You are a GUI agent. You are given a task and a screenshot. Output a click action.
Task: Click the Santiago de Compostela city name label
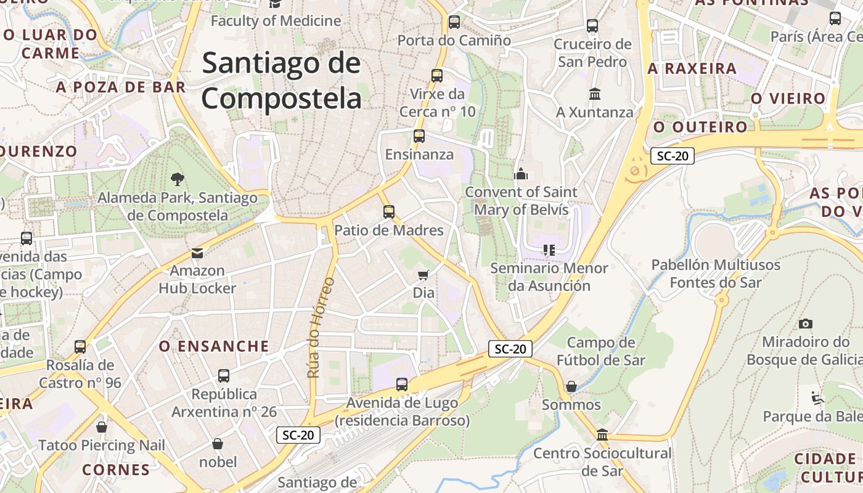tap(281, 81)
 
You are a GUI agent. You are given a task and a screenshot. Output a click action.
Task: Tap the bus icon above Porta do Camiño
tap(454, 22)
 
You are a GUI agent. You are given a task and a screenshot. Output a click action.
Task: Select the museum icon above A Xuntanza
tap(595, 94)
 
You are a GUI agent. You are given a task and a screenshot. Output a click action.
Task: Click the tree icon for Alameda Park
tap(178, 179)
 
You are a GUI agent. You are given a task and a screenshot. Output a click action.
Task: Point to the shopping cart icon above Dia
tap(423, 275)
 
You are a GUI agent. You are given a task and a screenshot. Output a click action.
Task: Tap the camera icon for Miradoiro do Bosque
tap(805, 324)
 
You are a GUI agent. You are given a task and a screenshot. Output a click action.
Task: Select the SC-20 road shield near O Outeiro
tap(672, 156)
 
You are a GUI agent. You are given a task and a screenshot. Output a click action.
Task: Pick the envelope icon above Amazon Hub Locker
tap(197, 253)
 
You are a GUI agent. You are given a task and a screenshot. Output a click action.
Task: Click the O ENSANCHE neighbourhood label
tap(214, 346)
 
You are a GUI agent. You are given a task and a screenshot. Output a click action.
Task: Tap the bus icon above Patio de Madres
tap(388, 212)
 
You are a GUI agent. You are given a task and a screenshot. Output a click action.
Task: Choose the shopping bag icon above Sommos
tap(571, 386)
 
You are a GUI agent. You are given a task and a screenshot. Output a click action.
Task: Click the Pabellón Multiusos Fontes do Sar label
tap(716, 274)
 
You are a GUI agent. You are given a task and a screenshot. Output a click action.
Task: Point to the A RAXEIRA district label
tap(692, 68)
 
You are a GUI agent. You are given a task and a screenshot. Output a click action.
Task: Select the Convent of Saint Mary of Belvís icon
tap(521, 174)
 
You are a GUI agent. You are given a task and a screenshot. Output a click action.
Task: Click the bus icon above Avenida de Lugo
tap(402, 385)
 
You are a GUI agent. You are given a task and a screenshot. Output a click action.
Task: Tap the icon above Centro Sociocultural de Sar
tap(602, 435)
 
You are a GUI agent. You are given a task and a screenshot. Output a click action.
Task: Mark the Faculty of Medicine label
tap(276, 21)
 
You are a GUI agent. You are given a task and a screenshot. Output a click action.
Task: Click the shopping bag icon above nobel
tap(218, 444)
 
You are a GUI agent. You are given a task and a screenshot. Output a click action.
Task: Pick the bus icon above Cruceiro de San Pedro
tap(592, 26)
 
